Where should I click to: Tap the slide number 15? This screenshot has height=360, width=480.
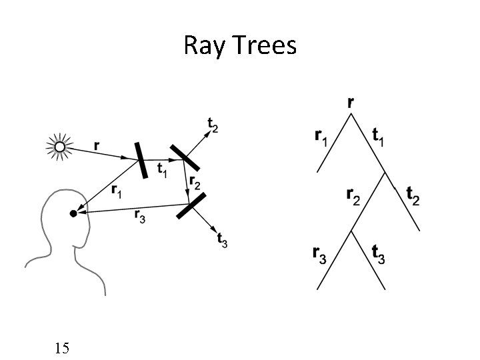tap(63, 347)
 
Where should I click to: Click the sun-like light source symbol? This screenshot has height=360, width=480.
tap(59, 147)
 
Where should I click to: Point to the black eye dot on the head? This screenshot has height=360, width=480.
tap(73, 214)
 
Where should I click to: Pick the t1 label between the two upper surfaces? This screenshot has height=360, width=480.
tap(161, 171)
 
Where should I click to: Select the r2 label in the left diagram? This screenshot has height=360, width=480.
tap(195, 181)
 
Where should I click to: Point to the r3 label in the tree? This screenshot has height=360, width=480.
tap(320, 253)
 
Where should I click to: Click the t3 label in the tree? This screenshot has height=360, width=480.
tap(378, 253)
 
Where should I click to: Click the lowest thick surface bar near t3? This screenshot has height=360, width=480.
tap(193, 205)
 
